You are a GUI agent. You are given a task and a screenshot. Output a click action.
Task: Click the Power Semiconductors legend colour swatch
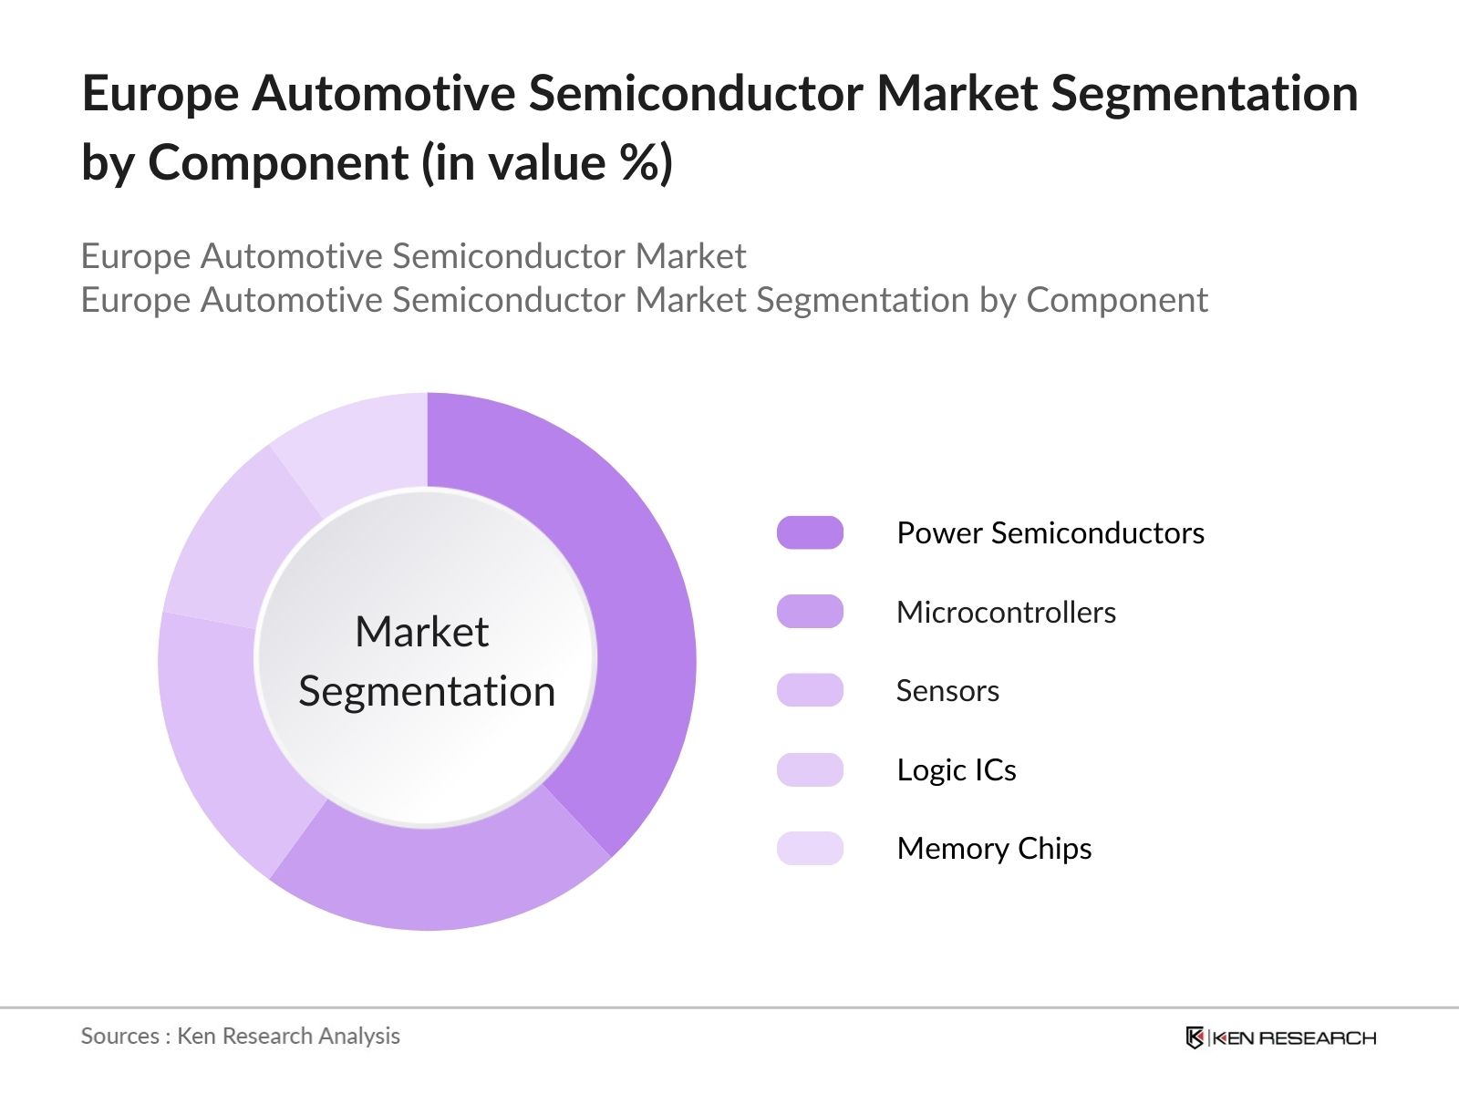coord(810,532)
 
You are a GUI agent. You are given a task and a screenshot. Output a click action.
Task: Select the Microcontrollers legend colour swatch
coord(810,611)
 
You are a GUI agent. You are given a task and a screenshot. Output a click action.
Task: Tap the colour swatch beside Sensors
coord(810,690)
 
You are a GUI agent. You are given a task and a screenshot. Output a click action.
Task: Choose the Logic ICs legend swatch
coord(810,769)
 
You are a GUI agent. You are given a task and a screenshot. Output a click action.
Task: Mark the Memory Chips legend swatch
coord(810,848)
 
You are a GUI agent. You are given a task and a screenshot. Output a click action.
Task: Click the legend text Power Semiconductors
coord(1050,532)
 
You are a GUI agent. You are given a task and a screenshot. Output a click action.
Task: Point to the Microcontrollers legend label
coord(1007,612)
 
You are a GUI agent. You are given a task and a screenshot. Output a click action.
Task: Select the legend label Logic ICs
coord(957,769)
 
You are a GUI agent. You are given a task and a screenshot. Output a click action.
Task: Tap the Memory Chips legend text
coord(994,849)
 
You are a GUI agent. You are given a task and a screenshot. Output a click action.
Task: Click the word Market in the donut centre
coord(422,631)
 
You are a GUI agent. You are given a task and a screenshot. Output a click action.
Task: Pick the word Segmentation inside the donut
coord(427,692)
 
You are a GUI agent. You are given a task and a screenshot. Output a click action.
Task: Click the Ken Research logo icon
coord(1195,1037)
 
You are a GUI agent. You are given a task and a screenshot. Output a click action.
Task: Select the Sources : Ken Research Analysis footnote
coord(240,1037)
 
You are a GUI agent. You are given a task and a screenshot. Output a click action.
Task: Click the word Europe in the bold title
coord(160,94)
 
